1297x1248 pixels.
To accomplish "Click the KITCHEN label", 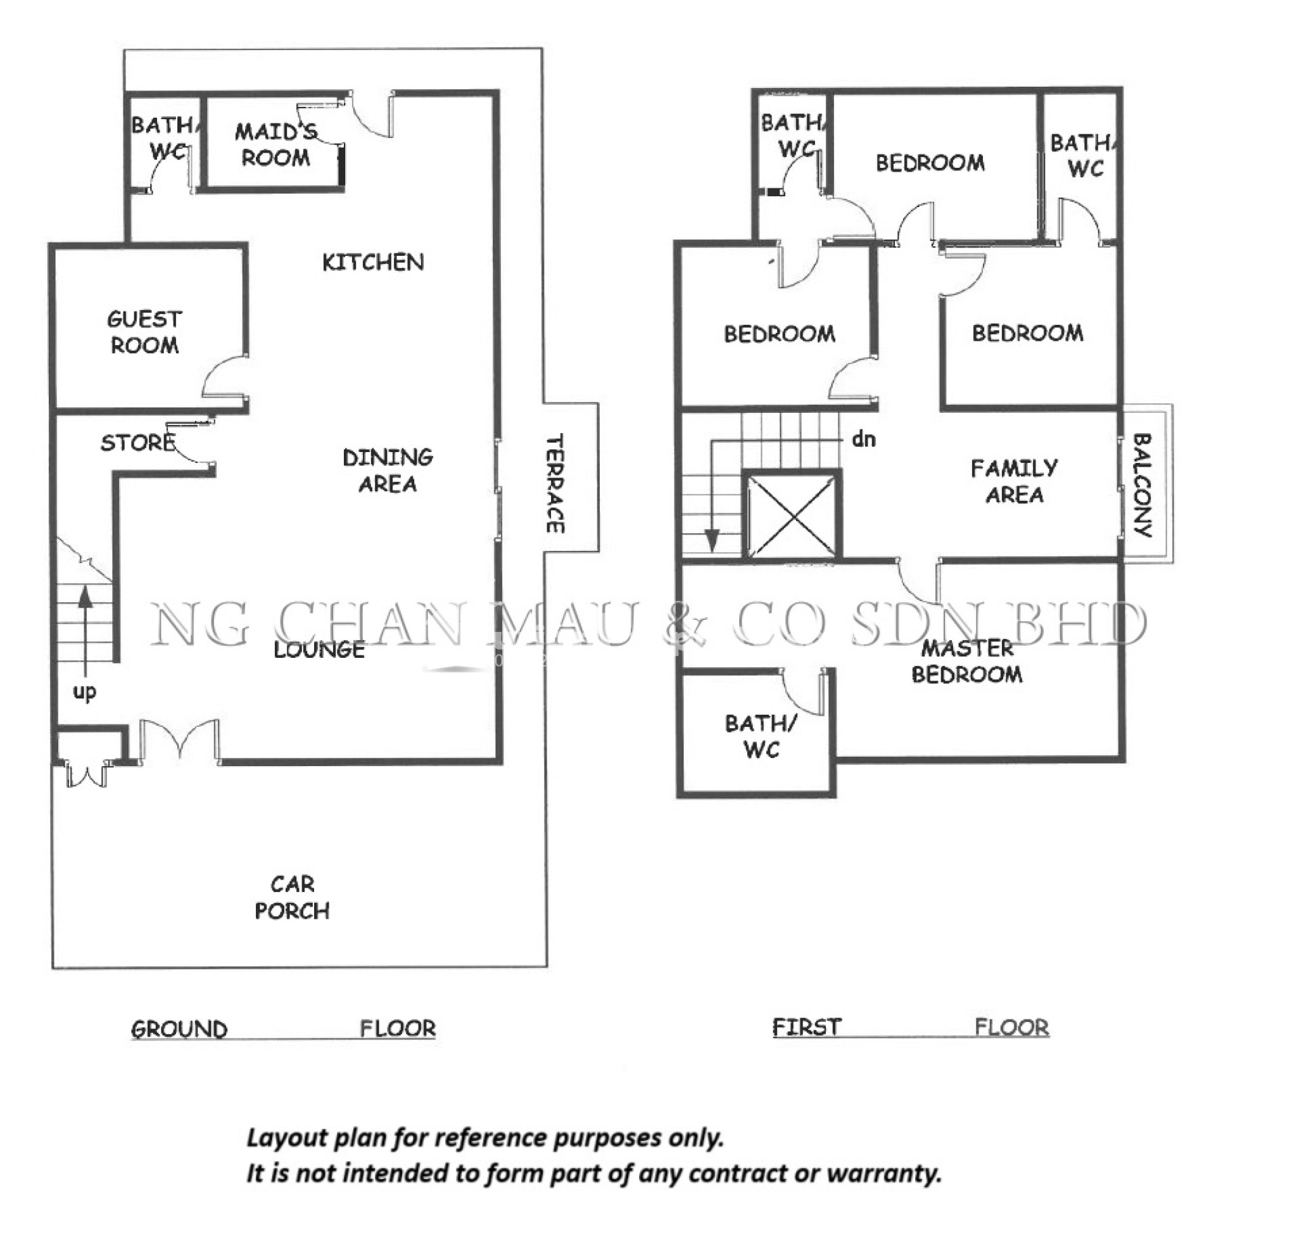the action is click(x=372, y=263).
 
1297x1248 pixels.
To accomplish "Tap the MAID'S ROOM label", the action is click(x=275, y=144).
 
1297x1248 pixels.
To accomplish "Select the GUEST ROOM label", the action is click(x=144, y=332).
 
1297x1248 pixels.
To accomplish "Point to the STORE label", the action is click(x=137, y=442).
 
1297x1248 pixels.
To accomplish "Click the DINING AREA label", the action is click(x=388, y=470).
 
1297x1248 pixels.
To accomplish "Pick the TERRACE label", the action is click(x=555, y=484).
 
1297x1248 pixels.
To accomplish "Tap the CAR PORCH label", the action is click(x=292, y=897).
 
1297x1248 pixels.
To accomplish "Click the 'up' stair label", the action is click(x=84, y=692).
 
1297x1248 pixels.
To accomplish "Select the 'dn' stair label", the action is click(x=864, y=439).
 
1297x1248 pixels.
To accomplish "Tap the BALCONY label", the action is click(x=1143, y=485).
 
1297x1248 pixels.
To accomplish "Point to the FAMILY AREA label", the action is click(x=1015, y=481).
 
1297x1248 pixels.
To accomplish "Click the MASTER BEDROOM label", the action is click(x=967, y=661).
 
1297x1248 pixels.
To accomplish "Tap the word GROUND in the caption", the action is click(x=179, y=1029).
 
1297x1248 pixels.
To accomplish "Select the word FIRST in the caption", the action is click(x=807, y=1027).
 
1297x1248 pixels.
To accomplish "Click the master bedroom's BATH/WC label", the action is click(x=761, y=736).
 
